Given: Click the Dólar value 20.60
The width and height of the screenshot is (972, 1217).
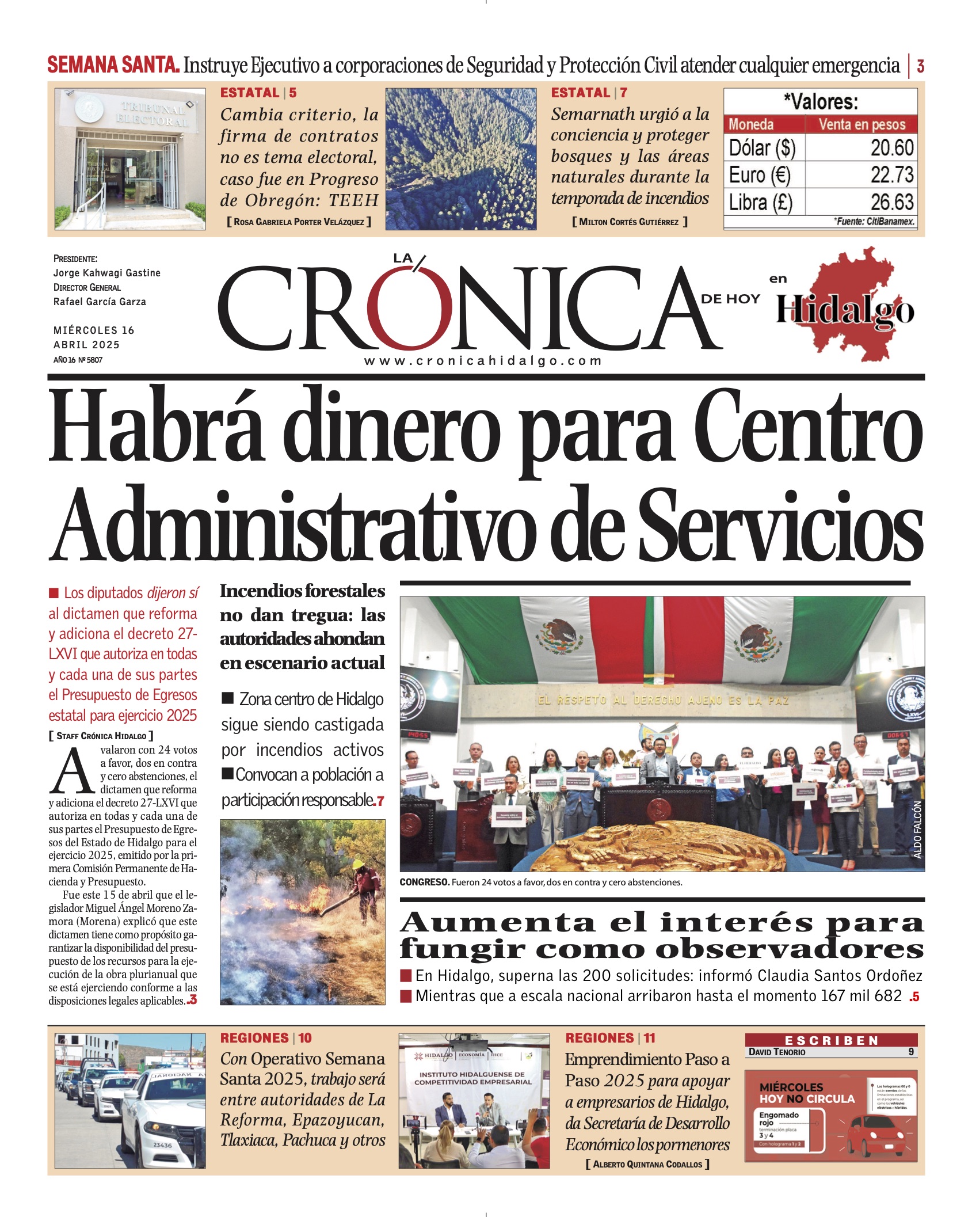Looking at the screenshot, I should [891, 148].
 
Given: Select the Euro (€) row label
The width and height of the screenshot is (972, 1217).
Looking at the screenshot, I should [760, 175].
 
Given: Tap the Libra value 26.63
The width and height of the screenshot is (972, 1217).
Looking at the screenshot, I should [891, 202].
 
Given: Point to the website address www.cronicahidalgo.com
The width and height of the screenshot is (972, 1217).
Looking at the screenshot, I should [483, 361].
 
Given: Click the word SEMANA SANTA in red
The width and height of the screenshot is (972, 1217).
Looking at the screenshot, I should [113, 65].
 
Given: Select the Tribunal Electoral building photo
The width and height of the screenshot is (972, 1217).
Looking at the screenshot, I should [130, 159].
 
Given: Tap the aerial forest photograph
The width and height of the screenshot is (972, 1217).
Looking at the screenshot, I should [460, 159].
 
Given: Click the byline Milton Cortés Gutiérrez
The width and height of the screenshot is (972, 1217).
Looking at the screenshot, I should [629, 222].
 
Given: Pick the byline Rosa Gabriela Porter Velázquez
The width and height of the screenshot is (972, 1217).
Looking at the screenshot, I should [299, 222].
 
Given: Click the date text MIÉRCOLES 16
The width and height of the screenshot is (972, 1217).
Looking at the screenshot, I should [94, 330].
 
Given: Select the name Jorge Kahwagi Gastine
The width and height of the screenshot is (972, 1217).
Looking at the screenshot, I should [107, 273].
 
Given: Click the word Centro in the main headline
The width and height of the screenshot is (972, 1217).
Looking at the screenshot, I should [811, 432].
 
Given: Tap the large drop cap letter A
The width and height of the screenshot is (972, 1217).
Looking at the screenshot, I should [73, 772].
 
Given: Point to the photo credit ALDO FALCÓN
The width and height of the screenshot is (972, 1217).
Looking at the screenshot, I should [917, 830].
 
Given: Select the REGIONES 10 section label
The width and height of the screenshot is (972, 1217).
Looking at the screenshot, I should [265, 1038].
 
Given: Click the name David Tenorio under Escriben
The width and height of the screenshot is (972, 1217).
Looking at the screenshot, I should [777, 1052].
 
